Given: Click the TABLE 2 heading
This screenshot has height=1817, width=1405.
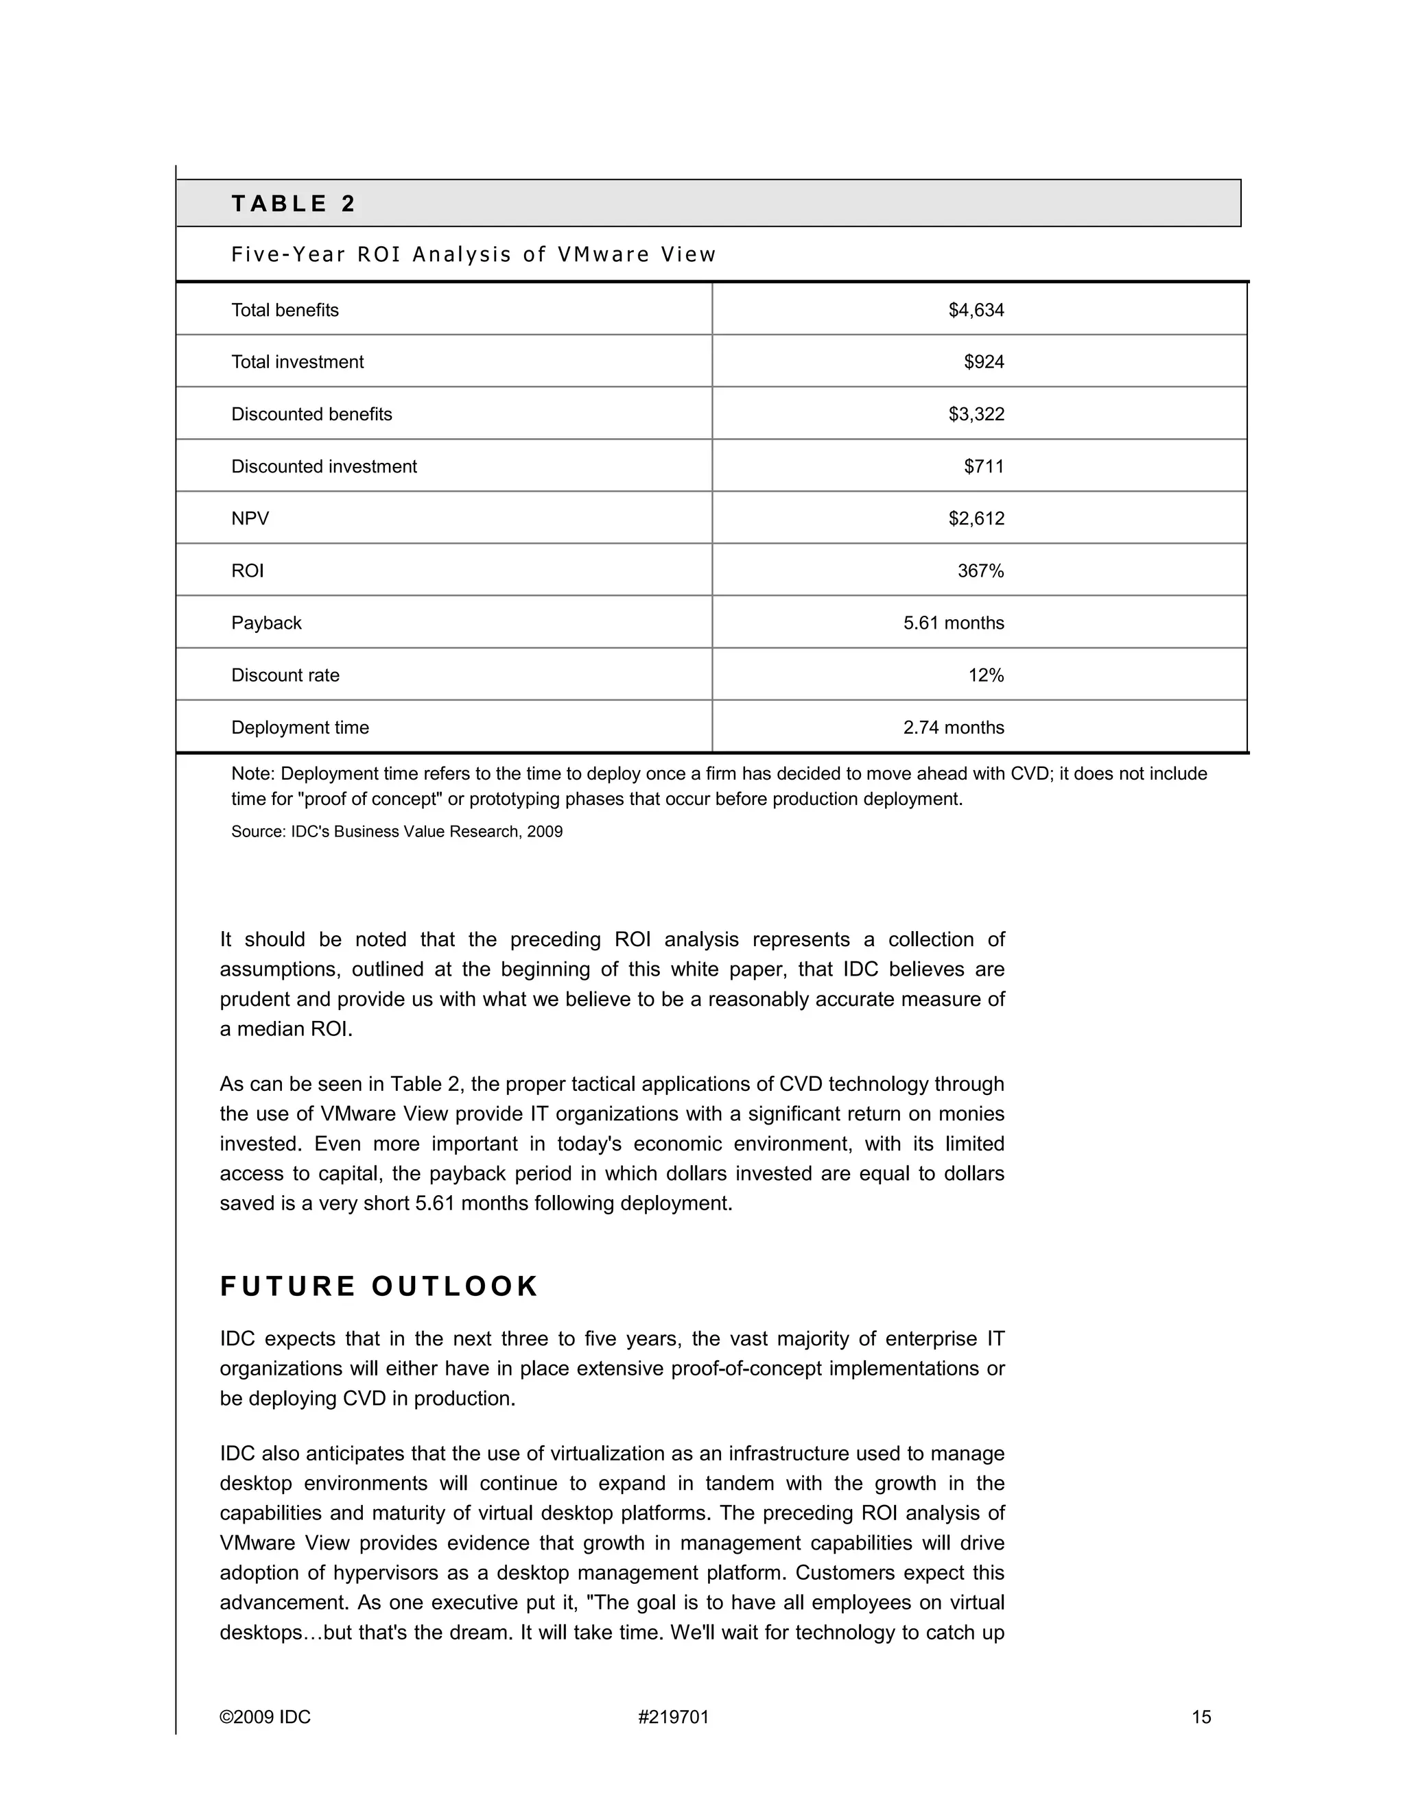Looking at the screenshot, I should [x=293, y=204].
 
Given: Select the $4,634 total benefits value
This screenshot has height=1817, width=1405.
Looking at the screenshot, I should [x=976, y=311].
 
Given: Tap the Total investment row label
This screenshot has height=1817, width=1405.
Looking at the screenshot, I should [x=297, y=362].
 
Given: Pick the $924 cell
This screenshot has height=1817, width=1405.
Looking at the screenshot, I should [x=984, y=362].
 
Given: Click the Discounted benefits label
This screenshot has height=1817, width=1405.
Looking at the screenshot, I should [x=311, y=414].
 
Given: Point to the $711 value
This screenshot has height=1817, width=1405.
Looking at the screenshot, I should [x=984, y=467].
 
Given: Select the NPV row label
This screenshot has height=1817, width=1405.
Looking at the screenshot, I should [x=250, y=519].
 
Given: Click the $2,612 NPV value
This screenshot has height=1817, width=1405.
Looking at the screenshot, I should [x=976, y=519].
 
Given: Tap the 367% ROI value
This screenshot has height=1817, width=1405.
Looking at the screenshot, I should [x=980, y=570].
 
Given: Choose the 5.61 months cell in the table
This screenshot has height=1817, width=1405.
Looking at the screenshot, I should [x=953, y=623].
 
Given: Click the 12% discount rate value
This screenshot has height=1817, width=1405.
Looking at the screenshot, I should [x=986, y=675].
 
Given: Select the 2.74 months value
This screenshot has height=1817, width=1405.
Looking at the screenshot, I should [x=953, y=728].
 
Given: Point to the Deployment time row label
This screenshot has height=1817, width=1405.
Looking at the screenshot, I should [x=300, y=728].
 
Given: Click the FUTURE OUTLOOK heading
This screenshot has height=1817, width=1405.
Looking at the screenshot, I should [x=379, y=1286].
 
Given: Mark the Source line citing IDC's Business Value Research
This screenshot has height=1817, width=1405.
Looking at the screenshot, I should [x=397, y=832].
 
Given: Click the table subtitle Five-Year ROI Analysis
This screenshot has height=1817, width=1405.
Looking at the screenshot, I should [x=473, y=254].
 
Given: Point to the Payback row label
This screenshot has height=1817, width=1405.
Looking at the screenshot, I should [x=266, y=623].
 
